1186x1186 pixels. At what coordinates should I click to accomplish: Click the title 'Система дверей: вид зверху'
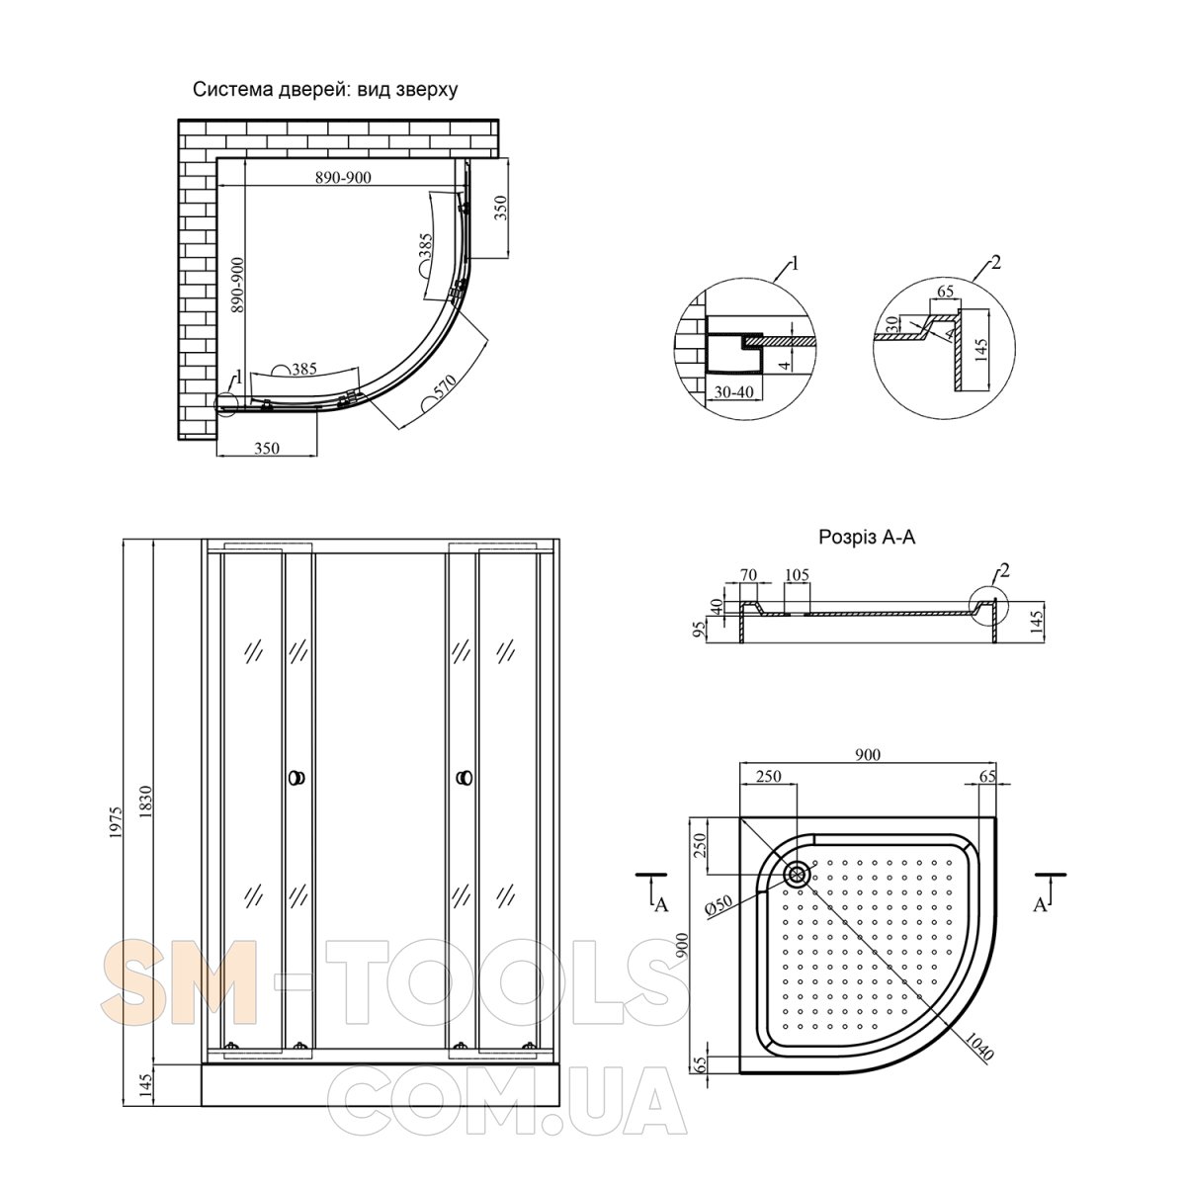click(x=325, y=90)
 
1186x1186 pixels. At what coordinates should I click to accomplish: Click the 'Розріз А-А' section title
click(x=867, y=538)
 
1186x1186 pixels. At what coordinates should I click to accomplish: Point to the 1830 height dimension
click(x=145, y=802)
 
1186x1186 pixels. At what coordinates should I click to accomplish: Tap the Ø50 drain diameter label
click(x=719, y=905)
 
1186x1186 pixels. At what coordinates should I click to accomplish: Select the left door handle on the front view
click(x=297, y=778)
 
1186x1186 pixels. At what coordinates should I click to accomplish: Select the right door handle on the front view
click(x=465, y=778)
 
